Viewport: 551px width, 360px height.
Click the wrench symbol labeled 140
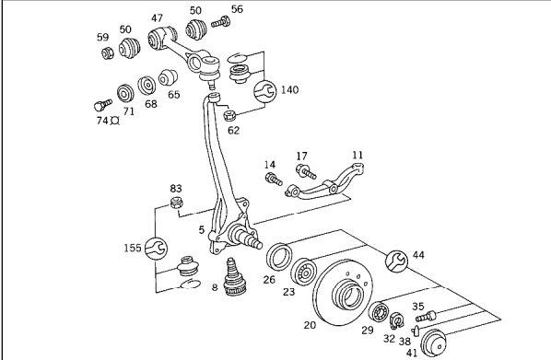point(265,91)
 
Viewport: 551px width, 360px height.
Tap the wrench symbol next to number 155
point(156,249)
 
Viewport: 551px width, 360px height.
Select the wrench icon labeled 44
point(397,261)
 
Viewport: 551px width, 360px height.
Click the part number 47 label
point(157,17)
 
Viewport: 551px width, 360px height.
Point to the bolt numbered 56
point(221,22)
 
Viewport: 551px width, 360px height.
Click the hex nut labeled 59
point(108,53)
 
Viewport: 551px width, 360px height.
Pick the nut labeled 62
point(229,115)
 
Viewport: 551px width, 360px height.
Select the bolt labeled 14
point(274,179)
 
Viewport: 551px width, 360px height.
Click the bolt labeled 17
point(306,171)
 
